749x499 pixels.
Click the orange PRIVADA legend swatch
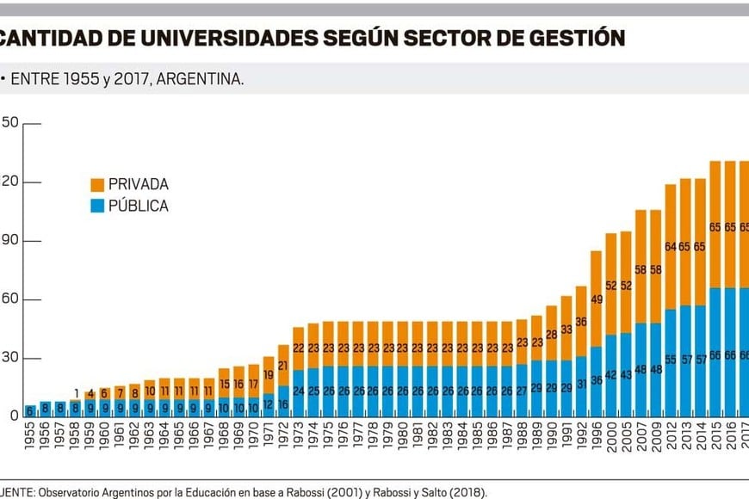[96, 185]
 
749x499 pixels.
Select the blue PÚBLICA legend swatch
[96, 206]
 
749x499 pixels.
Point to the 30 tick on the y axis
[9, 359]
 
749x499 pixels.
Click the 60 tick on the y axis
[9, 300]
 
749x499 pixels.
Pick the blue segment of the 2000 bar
[611, 376]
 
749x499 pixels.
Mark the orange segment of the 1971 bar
[269, 375]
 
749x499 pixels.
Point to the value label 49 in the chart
[596, 299]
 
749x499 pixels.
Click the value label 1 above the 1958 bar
[76, 393]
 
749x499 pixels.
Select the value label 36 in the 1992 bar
[581, 322]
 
